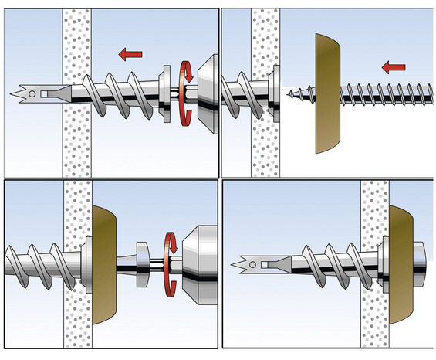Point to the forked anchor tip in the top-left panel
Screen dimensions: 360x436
point(22,94)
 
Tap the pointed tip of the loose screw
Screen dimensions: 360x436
point(288,97)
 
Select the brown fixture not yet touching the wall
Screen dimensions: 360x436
point(328,93)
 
